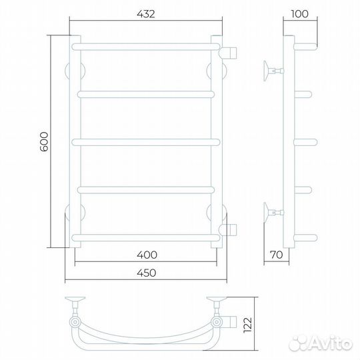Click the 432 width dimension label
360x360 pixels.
[146, 14]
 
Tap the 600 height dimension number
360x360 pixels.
[44, 141]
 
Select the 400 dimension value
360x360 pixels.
[147, 255]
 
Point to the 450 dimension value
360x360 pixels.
[147, 273]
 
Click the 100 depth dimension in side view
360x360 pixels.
[299, 14]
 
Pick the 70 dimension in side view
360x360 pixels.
[276, 255]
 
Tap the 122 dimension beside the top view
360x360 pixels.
[248, 325]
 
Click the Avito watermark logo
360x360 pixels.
[321, 343]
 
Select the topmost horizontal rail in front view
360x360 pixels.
[146, 47]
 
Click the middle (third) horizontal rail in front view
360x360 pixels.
[146, 143]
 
